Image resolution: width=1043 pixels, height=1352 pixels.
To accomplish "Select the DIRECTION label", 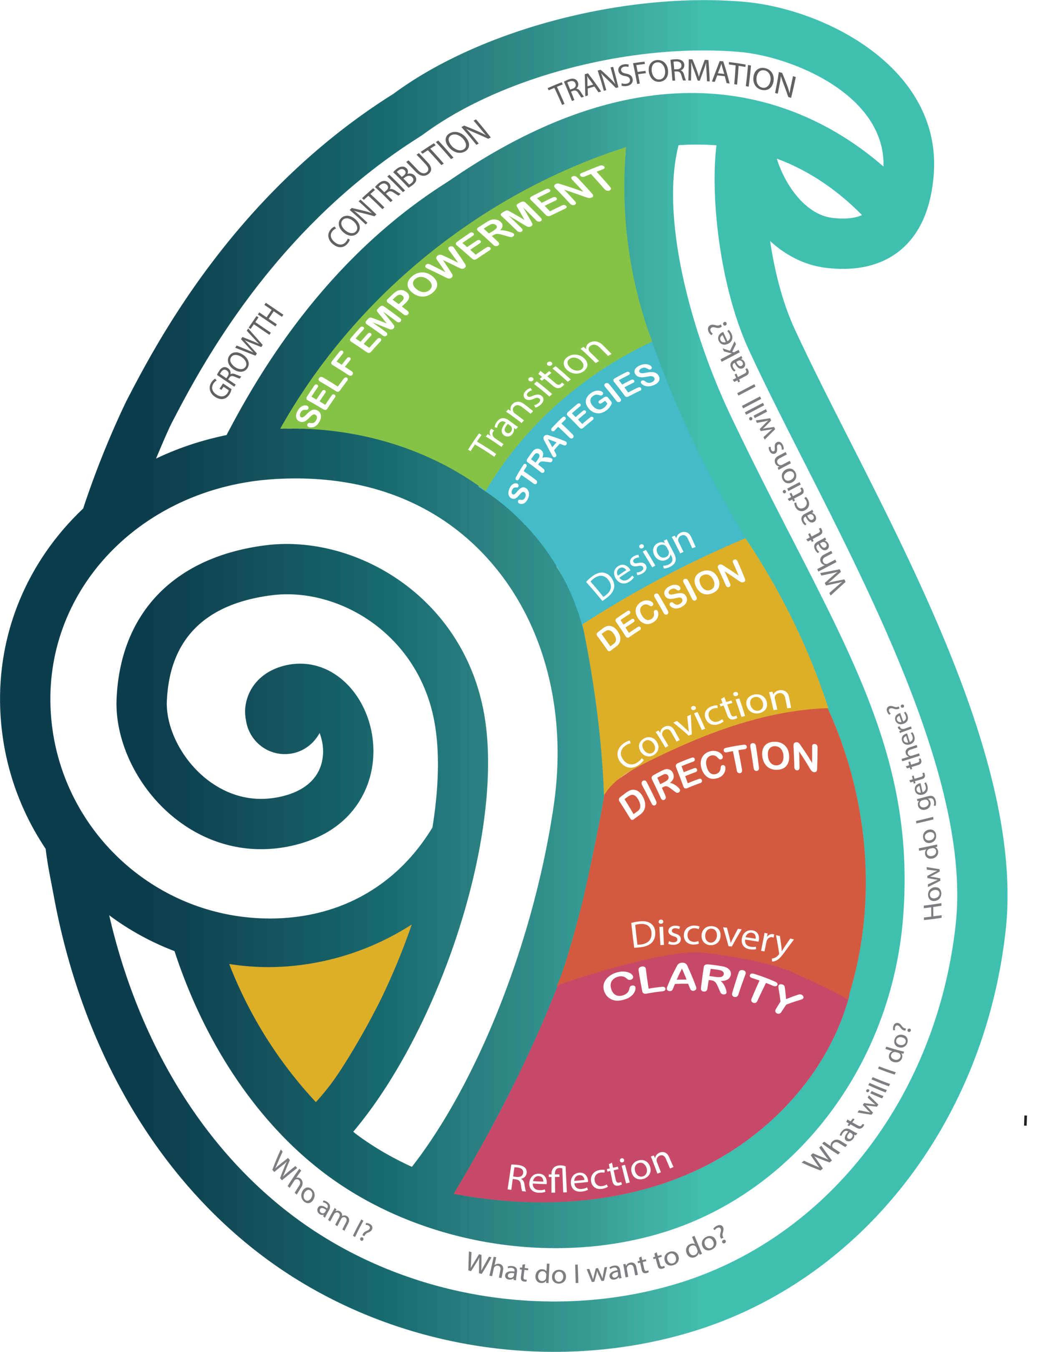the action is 719,779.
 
